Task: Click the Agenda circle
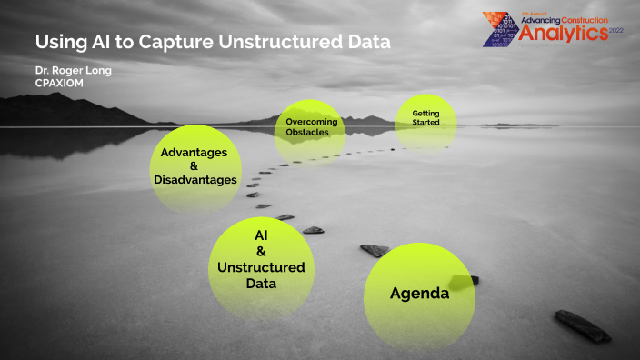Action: click(419, 294)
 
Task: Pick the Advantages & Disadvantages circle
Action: click(194, 166)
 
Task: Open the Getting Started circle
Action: click(425, 118)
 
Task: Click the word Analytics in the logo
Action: click(563, 33)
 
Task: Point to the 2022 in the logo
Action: click(615, 32)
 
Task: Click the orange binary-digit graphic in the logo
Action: click(502, 25)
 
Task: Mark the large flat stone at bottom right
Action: click(582, 325)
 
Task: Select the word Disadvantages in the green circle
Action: click(195, 180)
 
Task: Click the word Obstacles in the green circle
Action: click(310, 133)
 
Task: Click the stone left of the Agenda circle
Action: click(375, 249)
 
